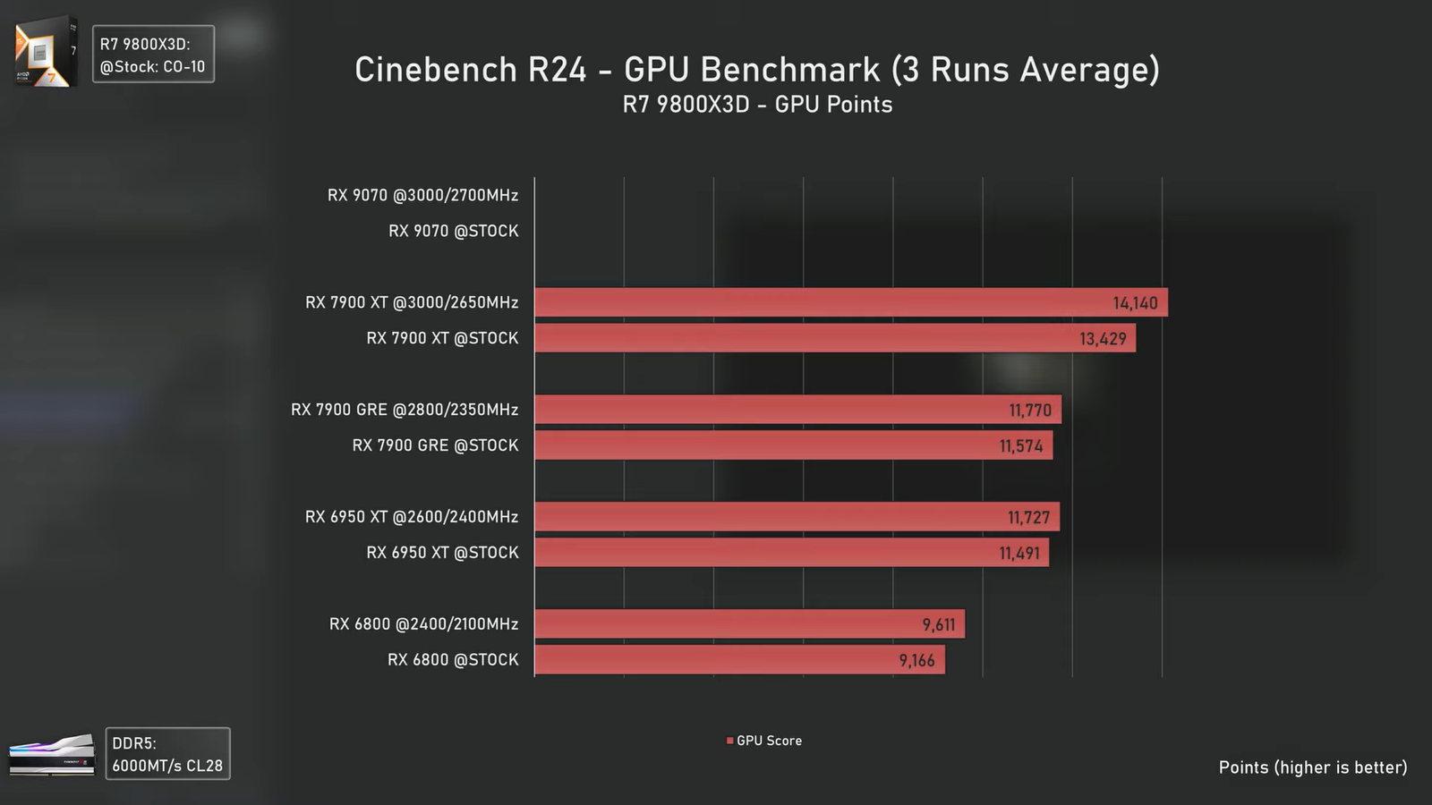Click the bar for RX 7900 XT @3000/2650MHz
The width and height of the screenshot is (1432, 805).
tap(850, 302)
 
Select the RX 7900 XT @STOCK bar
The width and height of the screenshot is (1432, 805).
tap(834, 338)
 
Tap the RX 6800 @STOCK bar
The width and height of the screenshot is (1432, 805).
tap(739, 660)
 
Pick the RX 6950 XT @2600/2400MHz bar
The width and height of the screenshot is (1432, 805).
tap(797, 517)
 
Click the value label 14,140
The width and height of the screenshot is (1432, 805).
tap(1135, 303)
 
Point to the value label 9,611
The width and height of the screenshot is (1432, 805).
tap(939, 625)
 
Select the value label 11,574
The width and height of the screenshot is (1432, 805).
tap(1021, 446)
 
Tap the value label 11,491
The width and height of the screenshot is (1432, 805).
tap(1019, 554)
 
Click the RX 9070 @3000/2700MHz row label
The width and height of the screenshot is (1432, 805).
tap(422, 195)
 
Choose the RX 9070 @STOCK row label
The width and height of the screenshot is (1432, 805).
tap(453, 231)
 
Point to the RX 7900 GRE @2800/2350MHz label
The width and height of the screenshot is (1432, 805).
tap(405, 410)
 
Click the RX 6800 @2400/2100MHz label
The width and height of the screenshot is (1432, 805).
tap(423, 624)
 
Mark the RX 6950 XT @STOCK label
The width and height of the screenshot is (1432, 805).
tap(442, 553)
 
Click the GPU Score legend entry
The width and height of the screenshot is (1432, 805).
tap(764, 741)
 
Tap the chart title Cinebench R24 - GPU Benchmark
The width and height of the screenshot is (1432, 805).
tap(757, 70)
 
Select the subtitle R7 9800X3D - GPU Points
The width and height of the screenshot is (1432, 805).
tap(757, 105)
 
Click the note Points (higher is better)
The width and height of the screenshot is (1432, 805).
tap(1312, 767)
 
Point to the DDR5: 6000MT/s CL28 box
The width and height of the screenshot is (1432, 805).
tap(167, 754)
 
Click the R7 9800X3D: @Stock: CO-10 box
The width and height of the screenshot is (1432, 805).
tap(153, 55)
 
